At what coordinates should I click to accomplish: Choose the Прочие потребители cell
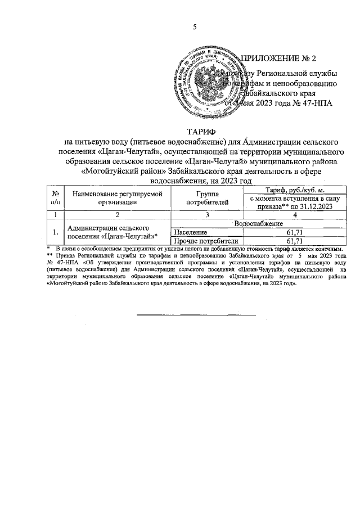tap(201, 241)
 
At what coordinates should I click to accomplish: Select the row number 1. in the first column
tap(55, 232)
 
